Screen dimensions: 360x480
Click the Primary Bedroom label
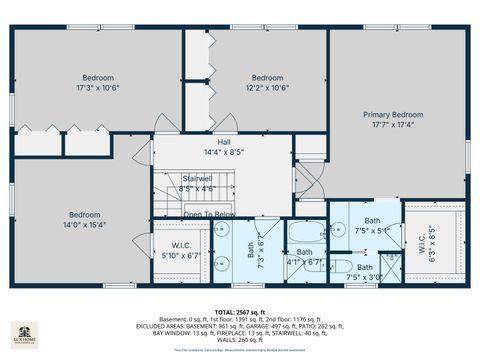(x=399, y=115)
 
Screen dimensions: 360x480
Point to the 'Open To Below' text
(x=210, y=214)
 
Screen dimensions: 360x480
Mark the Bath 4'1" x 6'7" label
(x=304, y=257)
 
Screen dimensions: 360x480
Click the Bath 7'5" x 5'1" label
(x=371, y=225)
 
